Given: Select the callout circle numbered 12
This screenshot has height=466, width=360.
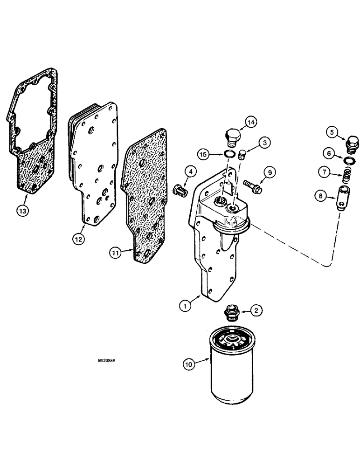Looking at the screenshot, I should point(78,239).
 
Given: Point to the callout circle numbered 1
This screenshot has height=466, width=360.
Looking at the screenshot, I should point(186,306).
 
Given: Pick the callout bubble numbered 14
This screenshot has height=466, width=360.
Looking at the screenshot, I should point(251,123).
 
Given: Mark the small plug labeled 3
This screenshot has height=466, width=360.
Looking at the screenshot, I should point(242,155).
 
